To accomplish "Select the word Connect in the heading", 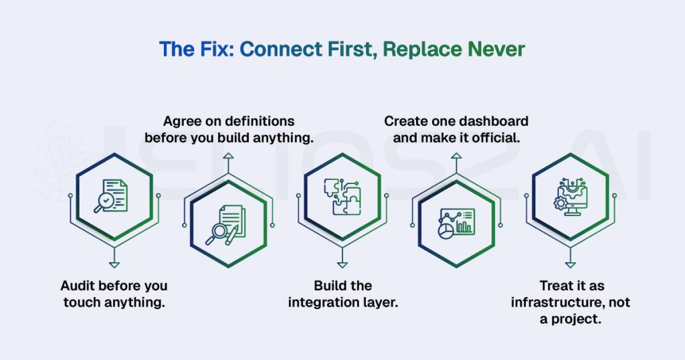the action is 281,49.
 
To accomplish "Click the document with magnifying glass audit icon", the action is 111,196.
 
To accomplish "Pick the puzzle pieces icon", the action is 342,196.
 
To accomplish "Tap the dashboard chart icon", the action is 456,223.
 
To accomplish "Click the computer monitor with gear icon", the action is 571,197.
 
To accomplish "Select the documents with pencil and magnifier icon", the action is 225,225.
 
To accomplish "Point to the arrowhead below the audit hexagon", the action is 114,265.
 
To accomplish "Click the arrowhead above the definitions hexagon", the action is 229,156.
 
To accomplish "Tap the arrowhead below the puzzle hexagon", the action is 342,265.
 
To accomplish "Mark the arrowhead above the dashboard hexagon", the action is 456,156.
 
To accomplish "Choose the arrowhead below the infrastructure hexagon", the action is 571,265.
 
